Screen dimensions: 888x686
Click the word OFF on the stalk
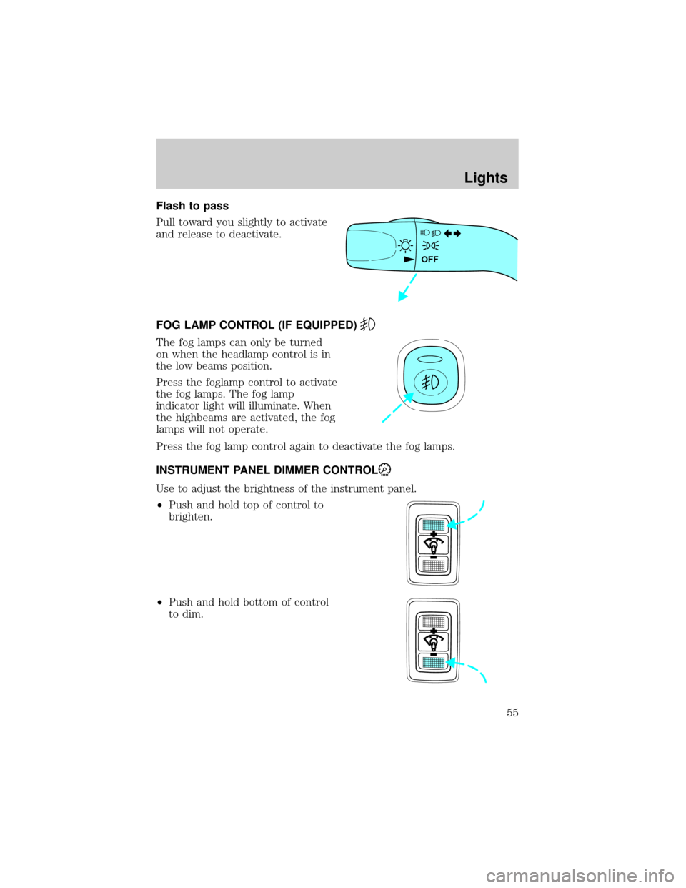429,260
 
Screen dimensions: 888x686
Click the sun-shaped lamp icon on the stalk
405,246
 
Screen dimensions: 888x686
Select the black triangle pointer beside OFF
409,260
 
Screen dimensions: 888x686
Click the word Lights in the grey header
486,177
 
